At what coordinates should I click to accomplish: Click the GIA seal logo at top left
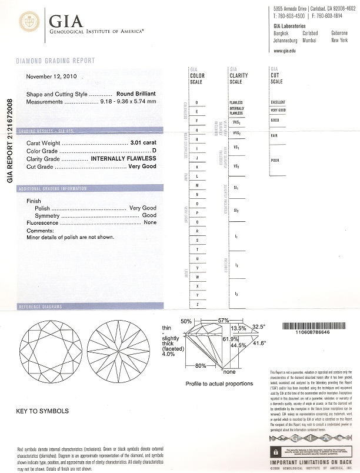pos(29,23)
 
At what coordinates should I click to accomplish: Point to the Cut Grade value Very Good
pos(142,167)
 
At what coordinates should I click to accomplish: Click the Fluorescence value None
pos(150,223)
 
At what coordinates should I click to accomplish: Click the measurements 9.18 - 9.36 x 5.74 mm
pos(129,102)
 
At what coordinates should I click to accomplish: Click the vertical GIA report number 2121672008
pos(9,141)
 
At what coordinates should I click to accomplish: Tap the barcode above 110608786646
pos(311,325)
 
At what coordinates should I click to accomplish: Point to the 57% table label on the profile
pos(223,321)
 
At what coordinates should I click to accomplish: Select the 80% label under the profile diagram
pos(200,366)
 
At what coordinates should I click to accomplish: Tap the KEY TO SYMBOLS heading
pos(42,411)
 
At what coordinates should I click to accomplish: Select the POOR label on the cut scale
pos(275,160)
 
